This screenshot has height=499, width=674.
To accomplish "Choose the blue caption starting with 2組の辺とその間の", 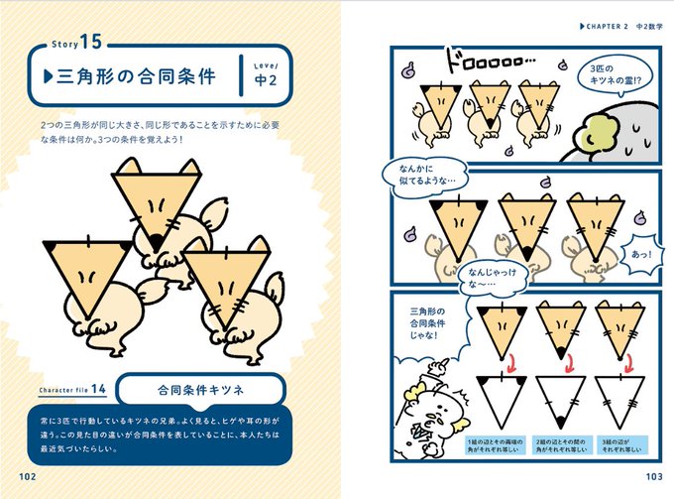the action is pyautogui.click(x=551, y=444).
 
